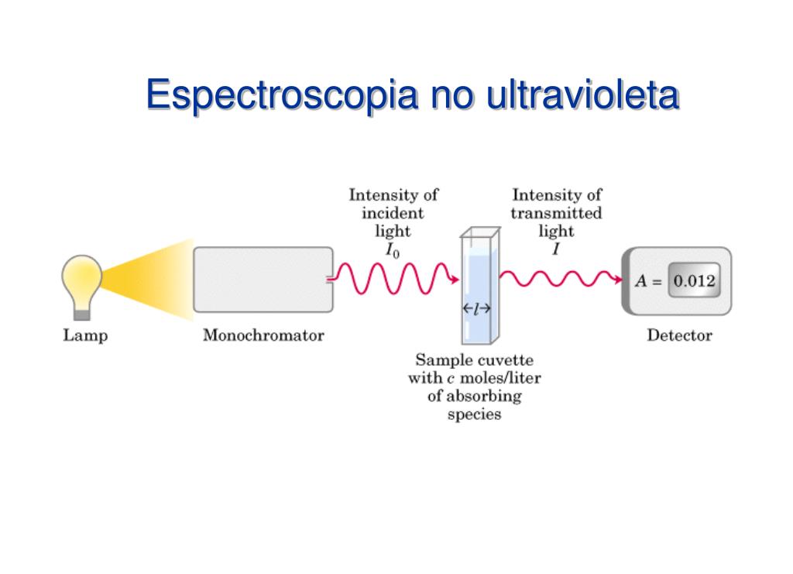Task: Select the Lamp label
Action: coord(85,336)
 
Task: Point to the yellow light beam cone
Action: coord(155,280)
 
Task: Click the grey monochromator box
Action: coord(263,280)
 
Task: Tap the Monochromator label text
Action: coord(263,336)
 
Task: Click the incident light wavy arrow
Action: coord(395,279)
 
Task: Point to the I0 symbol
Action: coord(393,249)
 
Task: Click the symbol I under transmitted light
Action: coord(556,249)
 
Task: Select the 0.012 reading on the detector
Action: coord(693,281)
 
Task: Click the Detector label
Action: coord(679,336)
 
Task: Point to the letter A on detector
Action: coord(641,281)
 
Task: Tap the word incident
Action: coord(393,213)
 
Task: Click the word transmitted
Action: coord(556,213)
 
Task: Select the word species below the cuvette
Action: coord(474,414)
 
